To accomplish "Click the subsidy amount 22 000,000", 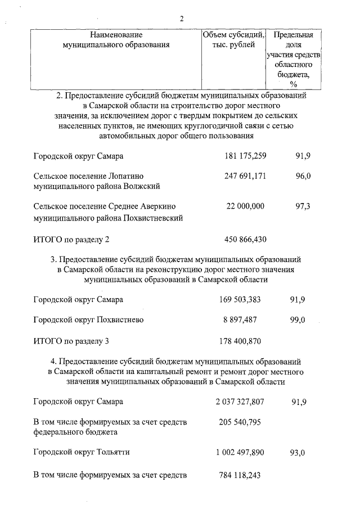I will click(x=245, y=207).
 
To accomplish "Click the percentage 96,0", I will click(x=303, y=176).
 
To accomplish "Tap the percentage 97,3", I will click(x=303, y=207).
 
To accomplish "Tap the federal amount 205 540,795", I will click(x=240, y=422).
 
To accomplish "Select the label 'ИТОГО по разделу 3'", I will click(x=71, y=341).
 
